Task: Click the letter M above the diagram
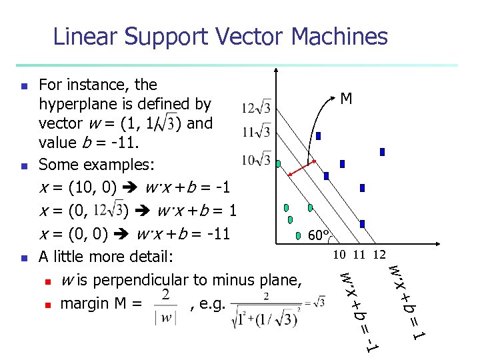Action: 346,99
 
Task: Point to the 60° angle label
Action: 319,235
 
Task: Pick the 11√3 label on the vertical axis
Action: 257,132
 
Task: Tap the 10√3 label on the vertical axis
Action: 257,159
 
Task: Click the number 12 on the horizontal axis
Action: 379,254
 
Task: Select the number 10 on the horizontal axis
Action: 340,254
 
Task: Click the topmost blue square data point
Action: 319,136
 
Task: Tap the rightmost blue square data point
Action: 382,152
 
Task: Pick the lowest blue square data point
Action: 362,225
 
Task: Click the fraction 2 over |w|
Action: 165,305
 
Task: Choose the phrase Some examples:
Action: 81,165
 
